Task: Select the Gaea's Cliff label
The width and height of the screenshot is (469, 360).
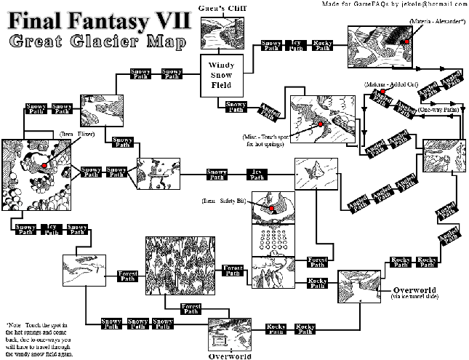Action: [221, 7]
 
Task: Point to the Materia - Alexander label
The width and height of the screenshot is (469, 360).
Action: [436, 23]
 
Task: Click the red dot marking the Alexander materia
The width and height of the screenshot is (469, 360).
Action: [408, 42]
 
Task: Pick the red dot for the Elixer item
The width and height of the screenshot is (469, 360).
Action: [45, 166]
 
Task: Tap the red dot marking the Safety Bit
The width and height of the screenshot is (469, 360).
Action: [271, 209]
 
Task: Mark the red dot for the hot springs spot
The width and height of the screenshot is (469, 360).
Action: [318, 125]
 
